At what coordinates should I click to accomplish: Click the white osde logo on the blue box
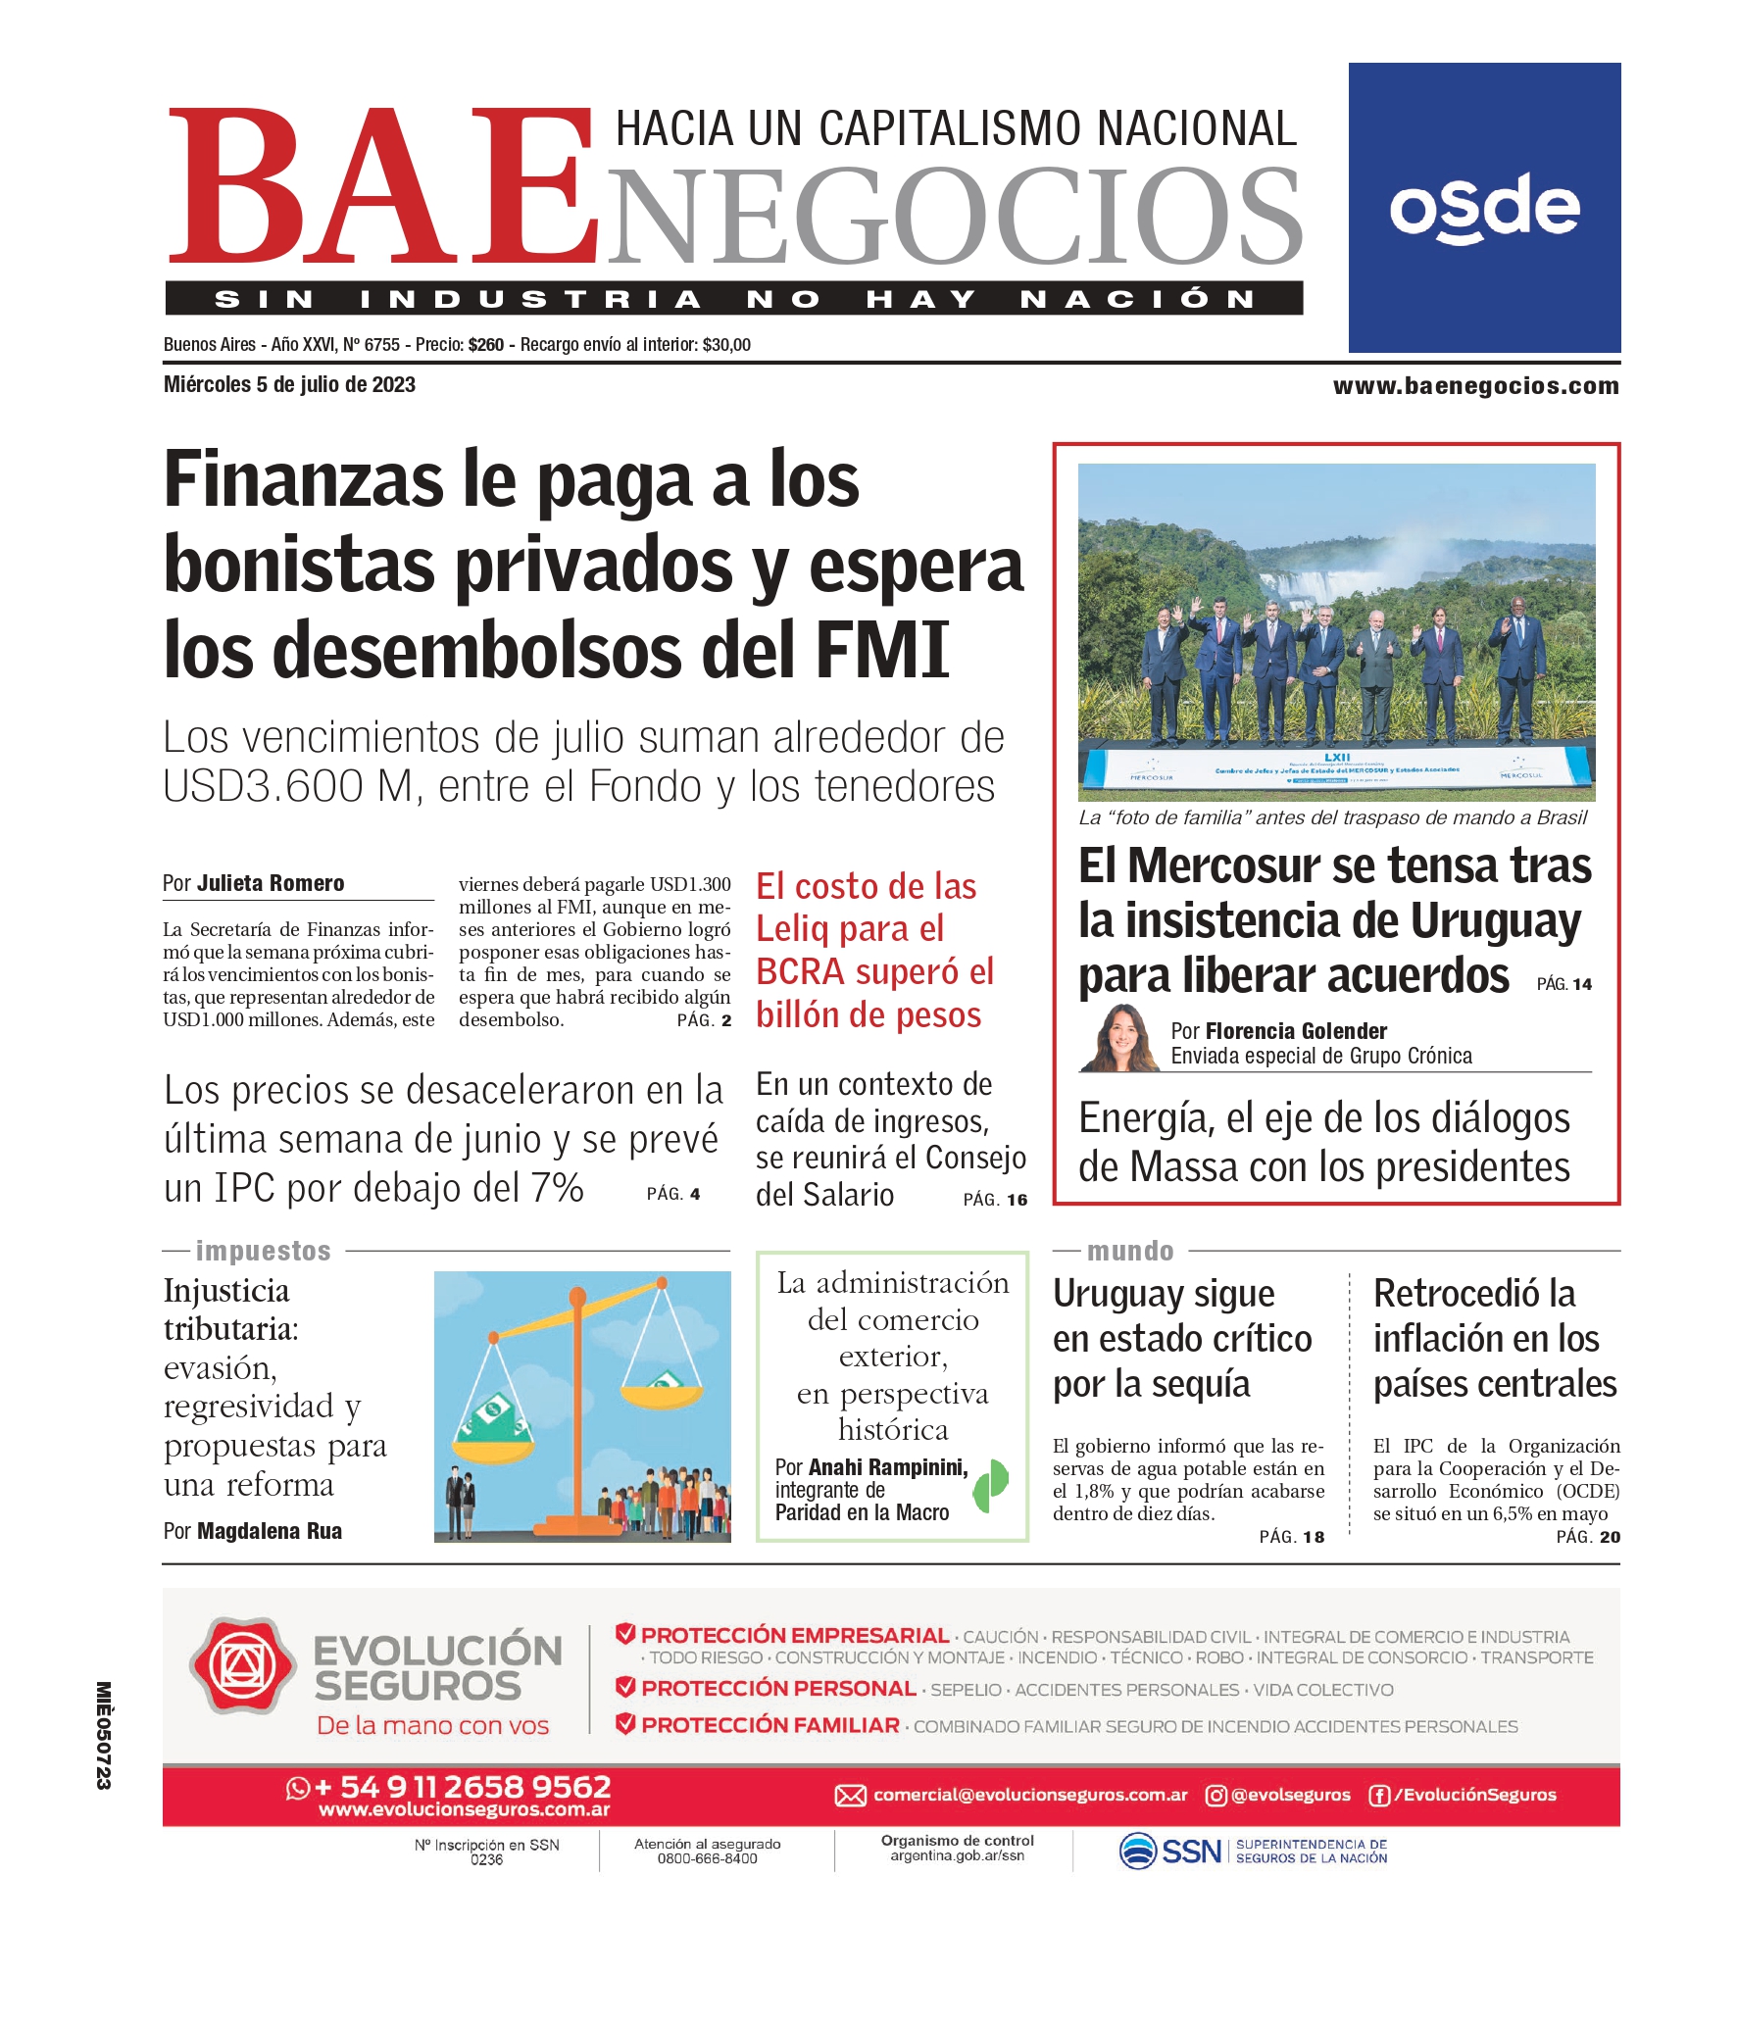pos(1484,208)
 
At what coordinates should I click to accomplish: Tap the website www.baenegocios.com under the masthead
pos(1475,386)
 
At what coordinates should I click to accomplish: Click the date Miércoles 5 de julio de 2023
pos(289,385)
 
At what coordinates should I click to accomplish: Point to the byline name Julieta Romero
pos(271,883)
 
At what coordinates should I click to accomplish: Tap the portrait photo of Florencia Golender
pos(1118,1038)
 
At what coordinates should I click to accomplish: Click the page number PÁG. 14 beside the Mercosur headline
pos(1564,984)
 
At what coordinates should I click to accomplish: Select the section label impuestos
pos(263,1251)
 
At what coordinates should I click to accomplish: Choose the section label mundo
pos(1129,1251)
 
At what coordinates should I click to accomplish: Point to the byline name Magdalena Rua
pos(270,1531)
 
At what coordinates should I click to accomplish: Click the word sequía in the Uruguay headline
pos(1201,1384)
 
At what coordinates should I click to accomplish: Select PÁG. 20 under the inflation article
pos(1588,1537)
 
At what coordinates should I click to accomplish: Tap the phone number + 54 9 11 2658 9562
pos(462,1787)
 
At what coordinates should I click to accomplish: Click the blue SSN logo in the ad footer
pos(1171,1851)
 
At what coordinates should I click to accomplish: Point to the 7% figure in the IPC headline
pos(557,1188)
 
